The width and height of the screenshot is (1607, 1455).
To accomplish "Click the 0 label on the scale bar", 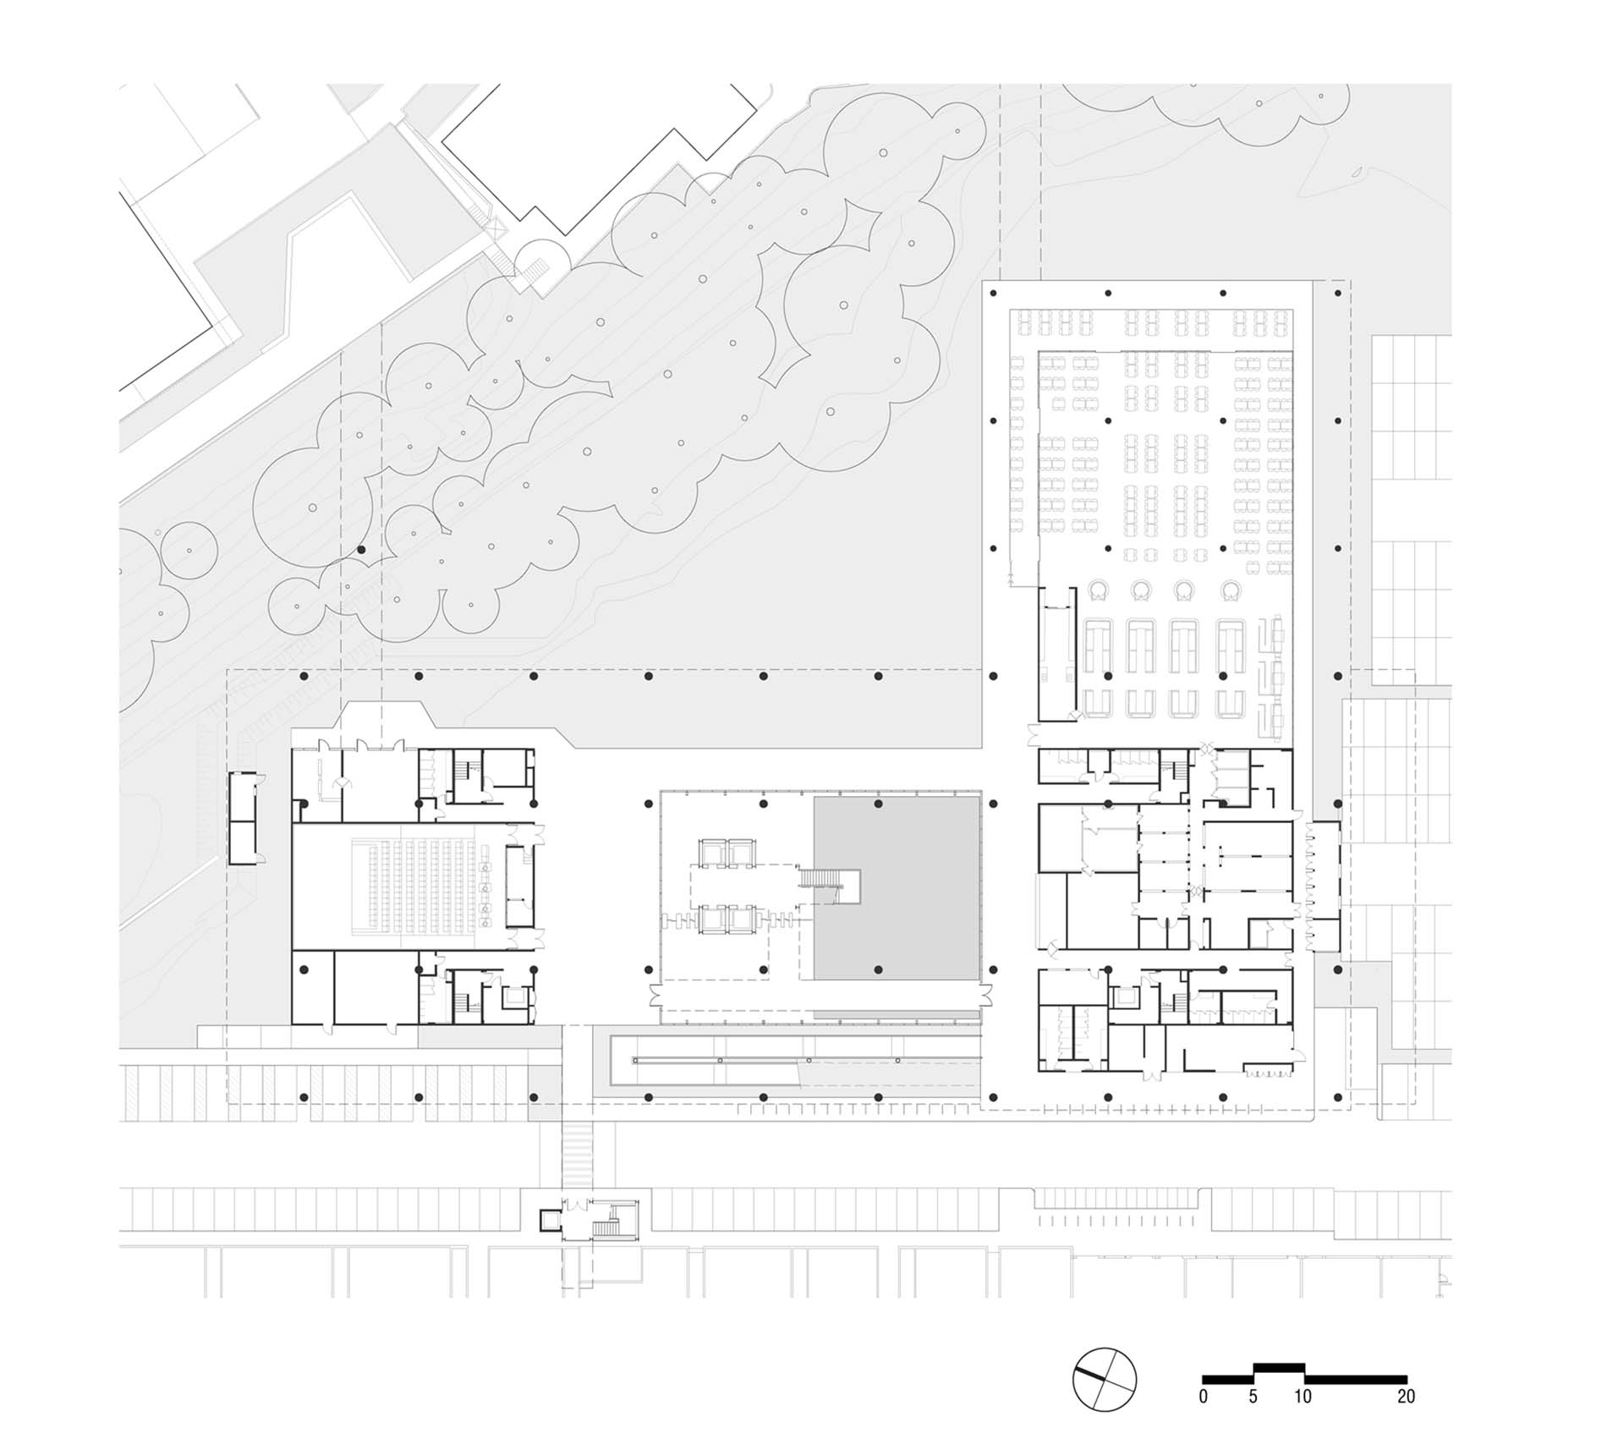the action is tap(1204, 1396).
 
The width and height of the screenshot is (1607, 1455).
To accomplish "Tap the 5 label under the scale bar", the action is tap(1253, 1396).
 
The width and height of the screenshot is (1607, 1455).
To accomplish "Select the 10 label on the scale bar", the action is tap(1303, 1396).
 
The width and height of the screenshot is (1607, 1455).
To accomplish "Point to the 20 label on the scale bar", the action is tap(1406, 1396).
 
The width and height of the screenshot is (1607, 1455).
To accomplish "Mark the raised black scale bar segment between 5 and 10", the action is tap(1279, 1364).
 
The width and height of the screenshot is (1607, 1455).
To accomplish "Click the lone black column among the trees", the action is tap(362, 550).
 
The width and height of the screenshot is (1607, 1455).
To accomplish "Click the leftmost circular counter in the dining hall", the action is tap(1097, 590).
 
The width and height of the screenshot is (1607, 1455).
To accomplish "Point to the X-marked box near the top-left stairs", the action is tap(496, 227).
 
